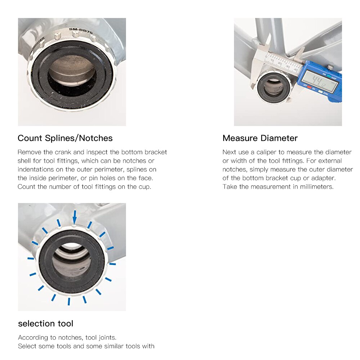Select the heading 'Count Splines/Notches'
(65, 138)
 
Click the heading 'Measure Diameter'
(260, 138)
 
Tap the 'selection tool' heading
(45, 324)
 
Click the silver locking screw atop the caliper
(329, 67)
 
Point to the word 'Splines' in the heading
(62, 138)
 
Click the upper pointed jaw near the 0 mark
(268, 41)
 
